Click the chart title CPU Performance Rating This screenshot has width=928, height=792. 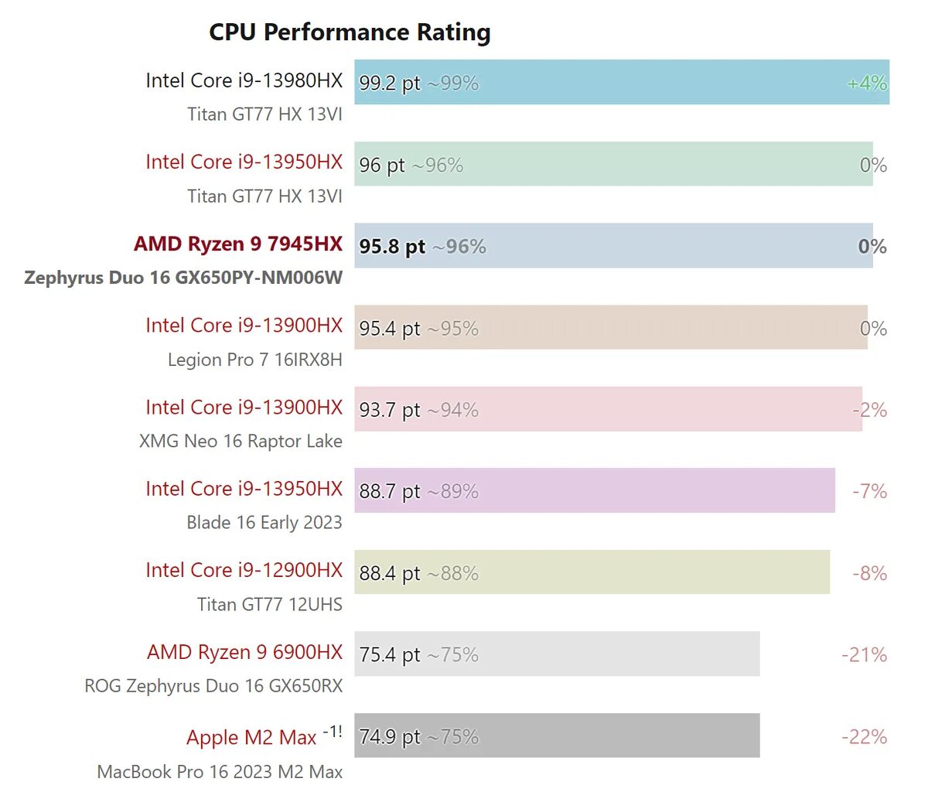click(350, 32)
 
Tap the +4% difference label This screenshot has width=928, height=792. click(866, 83)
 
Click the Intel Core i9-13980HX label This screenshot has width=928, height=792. click(244, 80)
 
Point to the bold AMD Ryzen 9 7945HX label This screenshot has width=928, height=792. click(237, 244)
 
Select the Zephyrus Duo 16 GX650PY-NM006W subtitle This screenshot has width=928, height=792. click(183, 278)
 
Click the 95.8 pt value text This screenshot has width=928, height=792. click(392, 247)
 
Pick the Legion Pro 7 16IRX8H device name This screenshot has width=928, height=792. click(254, 360)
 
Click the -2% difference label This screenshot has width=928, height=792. click(869, 410)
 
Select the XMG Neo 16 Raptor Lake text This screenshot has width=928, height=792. click(241, 441)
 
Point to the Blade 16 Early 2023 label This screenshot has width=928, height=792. click(264, 523)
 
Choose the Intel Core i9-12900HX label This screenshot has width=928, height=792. click(244, 570)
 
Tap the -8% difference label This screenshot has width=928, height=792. click(869, 573)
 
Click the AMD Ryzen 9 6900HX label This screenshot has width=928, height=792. click(244, 652)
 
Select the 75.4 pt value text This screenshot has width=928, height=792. click(390, 655)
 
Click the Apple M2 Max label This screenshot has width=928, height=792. click(251, 737)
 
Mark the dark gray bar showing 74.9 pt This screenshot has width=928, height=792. click(557, 736)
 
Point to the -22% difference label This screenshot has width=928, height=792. click(864, 736)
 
